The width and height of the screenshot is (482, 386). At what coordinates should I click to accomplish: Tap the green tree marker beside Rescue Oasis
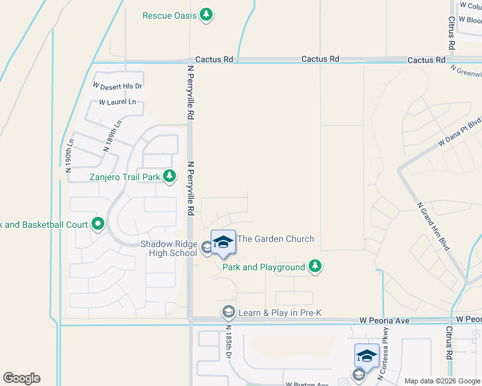[206, 14]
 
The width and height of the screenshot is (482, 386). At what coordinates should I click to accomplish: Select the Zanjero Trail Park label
[124, 176]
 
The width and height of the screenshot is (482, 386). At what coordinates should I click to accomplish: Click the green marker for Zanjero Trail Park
[169, 176]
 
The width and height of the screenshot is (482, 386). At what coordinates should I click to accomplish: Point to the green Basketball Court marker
[98, 225]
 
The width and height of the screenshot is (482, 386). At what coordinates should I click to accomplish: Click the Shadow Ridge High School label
[169, 248]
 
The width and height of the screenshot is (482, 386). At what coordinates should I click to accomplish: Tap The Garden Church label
[276, 239]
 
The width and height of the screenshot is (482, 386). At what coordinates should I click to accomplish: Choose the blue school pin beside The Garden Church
[223, 243]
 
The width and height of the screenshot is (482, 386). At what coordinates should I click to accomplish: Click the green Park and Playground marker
[314, 266]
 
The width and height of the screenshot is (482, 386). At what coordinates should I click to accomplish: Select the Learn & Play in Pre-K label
[280, 313]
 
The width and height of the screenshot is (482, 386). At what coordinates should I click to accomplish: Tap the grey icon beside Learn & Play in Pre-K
[228, 313]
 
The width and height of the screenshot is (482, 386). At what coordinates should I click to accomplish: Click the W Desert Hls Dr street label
[117, 86]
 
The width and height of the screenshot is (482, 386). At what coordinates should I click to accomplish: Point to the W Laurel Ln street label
[117, 102]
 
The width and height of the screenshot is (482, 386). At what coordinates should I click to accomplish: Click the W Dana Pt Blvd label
[459, 131]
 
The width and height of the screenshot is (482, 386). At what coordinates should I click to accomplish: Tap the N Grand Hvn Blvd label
[430, 225]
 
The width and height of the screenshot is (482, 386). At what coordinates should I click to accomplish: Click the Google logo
[21, 378]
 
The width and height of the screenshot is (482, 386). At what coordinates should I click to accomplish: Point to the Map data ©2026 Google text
[441, 381]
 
